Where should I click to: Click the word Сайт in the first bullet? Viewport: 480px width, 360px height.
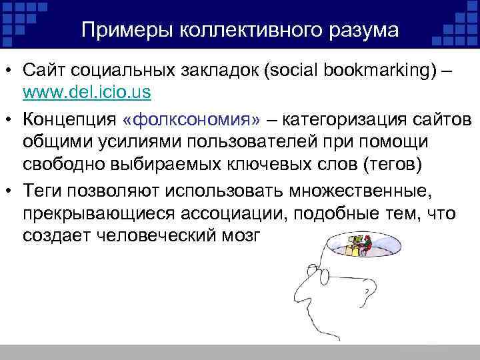pos(43,71)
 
